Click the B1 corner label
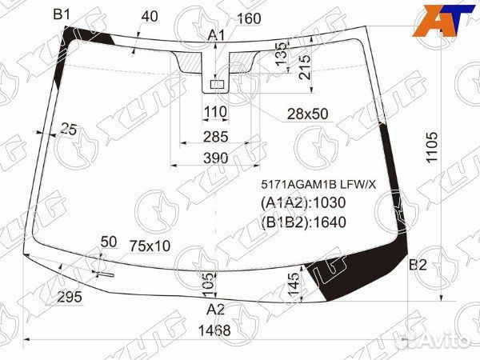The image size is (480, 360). (x=62, y=14)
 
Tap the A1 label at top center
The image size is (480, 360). (x=216, y=36)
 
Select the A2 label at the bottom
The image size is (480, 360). (x=215, y=310)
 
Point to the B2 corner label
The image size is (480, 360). (x=418, y=265)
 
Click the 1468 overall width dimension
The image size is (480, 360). (x=214, y=330)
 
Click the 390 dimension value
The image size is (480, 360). (x=216, y=158)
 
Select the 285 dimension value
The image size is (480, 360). (x=216, y=137)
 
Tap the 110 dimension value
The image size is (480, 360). (x=215, y=112)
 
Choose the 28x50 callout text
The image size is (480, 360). (x=307, y=114)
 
